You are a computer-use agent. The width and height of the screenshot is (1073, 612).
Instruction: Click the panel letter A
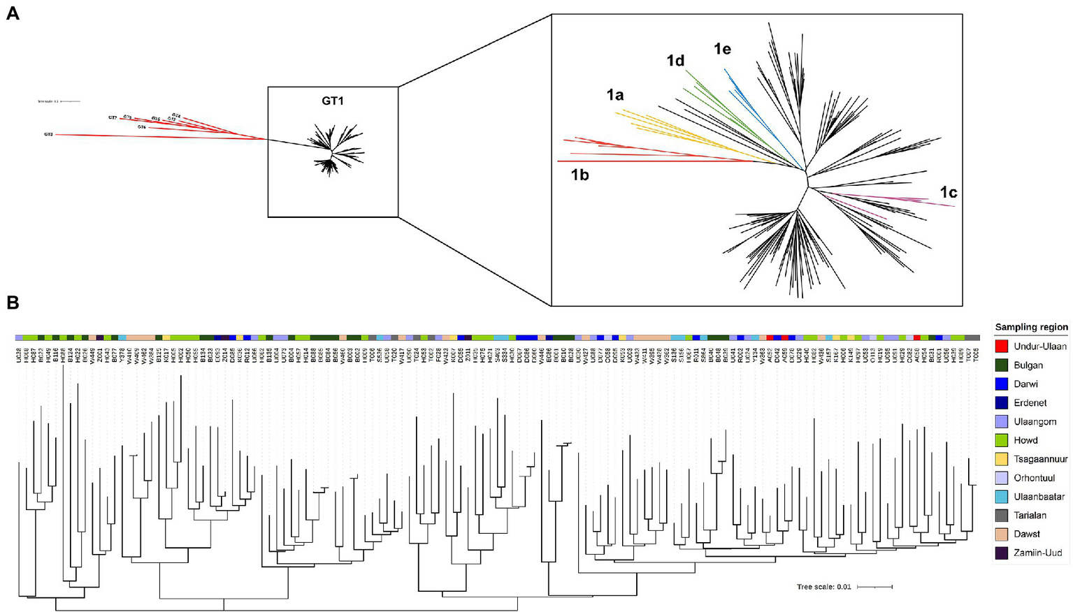click(x=13, y=13)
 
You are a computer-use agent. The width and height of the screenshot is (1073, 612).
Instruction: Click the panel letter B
click(x=13, y=303)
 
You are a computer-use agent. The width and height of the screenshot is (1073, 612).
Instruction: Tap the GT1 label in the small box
click(x=333, y=101)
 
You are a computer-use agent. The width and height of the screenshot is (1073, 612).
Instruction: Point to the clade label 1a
click(x=615, y=95)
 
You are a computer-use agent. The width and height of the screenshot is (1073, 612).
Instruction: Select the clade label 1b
click(x=579, y=175)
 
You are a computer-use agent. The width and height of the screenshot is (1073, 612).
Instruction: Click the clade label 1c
click(x=948, y=193)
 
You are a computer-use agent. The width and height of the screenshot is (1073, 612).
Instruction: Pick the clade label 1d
click(x=675, y=61)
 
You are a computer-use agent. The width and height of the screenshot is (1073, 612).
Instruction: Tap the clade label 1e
click(x=722, y=49)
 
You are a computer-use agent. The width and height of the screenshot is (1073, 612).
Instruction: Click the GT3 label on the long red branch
click(x=48, y=133)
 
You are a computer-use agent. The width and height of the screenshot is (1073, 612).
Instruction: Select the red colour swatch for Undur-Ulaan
click(x=1001, y=347)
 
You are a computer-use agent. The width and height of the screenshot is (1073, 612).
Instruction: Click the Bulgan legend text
click(x=1028, y=365)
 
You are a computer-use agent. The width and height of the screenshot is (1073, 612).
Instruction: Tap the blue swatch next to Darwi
click(x=1001, y=384)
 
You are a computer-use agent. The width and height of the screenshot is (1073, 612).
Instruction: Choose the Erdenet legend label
click(x=1030, y=403)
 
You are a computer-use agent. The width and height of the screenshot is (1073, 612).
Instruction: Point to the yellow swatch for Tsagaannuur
click(x=1001, y=459)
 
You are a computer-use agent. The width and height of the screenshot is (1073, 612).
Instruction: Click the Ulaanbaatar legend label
click(x=1039, y=497)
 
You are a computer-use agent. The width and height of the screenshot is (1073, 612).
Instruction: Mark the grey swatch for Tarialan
click(x=1001, y=516)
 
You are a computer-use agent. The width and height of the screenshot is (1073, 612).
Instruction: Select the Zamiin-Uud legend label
click(x=1037, y=553)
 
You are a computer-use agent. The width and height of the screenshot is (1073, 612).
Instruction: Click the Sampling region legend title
click(x=1031, y=327)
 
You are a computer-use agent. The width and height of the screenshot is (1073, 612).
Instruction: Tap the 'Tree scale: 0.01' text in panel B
click(x=823, y=587)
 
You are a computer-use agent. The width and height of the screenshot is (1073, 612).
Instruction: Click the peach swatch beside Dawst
click(x=1001, y=534)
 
